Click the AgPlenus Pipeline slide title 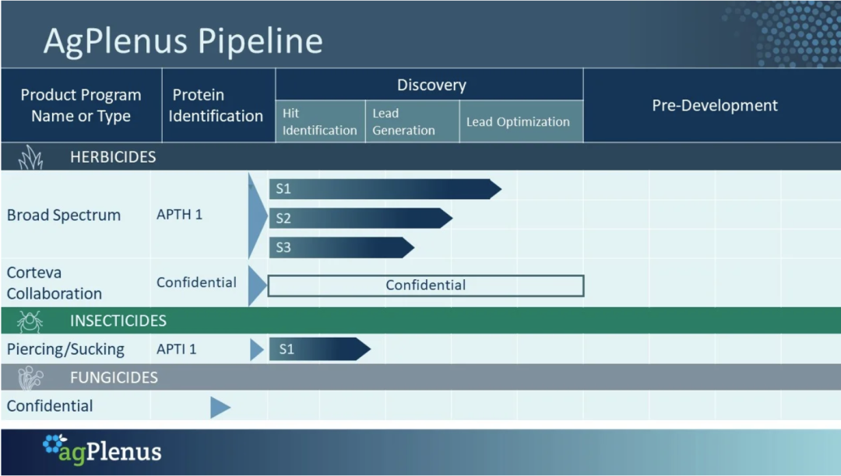click(x=183, y=41)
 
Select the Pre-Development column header click(x=714, y=106)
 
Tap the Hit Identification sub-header click(x=320, y=121)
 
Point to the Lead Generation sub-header click(x=403, y=121)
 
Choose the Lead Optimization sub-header click(x=518, y=122)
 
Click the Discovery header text click(x=431, y=85)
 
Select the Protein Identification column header click(x=216, y=106)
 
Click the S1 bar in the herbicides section click(x=385, y=189)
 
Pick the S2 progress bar click(x=361, y=218)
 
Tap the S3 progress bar click(x=342, y=247)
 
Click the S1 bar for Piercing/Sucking click(x=320, y=349)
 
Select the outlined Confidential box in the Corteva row click(x=425, y=276)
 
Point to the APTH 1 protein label click(x=179, y=215)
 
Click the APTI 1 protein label click(x=177, y=349)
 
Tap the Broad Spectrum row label click(x=63, y=215)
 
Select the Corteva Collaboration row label click(x=55, y=282)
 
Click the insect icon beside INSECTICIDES click(x=30, y=321)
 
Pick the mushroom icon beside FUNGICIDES click(x=30, y=378)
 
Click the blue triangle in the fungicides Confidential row click(x=220, y=408)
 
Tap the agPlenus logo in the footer click(x=102, y=450)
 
